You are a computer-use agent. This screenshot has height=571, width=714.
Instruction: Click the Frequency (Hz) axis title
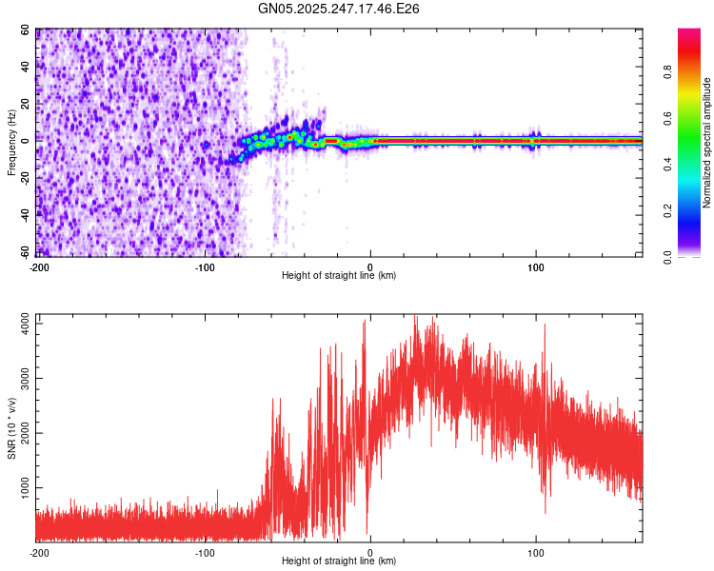[10, 142]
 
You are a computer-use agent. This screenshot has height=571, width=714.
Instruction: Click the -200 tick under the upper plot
[39, 267]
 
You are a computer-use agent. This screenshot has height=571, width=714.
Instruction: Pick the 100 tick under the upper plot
[536, 267]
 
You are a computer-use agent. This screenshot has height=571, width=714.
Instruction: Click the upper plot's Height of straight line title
[339, 276]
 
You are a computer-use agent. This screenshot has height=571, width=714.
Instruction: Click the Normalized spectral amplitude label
[706, 143]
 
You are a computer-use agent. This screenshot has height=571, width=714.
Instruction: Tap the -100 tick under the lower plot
[204, 552]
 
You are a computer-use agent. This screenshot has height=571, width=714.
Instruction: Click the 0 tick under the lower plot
[370, 552]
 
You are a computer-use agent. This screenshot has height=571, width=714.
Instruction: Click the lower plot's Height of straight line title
[339, 561]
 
